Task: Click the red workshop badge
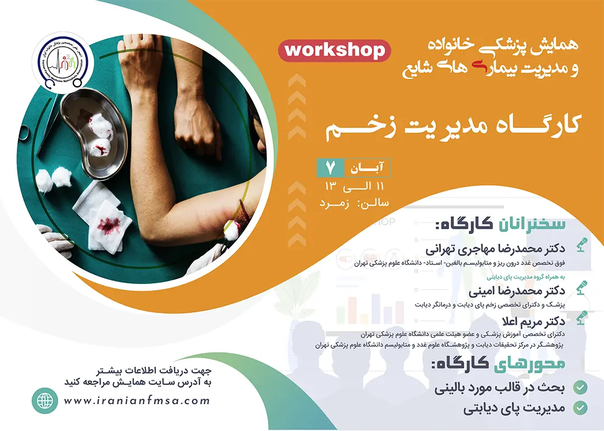(x=334, y=50)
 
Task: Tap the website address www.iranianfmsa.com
(x=137, y=401)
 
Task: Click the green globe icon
(x=45, y=401)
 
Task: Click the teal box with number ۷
(x=331, y=168)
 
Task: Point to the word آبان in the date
(x=367, y=168)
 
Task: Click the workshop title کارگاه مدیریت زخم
(x=452, y=128)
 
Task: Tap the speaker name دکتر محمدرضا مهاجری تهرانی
(x=496, y=249)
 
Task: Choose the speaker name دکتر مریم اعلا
(x=534, y=321)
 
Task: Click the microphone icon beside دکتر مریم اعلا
(x=582, y=318)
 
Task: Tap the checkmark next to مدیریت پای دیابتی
(x=580, y=408)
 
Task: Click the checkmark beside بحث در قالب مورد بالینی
(x=580, y=387)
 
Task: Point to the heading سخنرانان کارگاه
(x=501, y=224)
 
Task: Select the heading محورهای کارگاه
(x=498, y=363)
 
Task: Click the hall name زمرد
(x=334, y=203)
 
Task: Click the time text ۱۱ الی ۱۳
(x=355, y=186)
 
